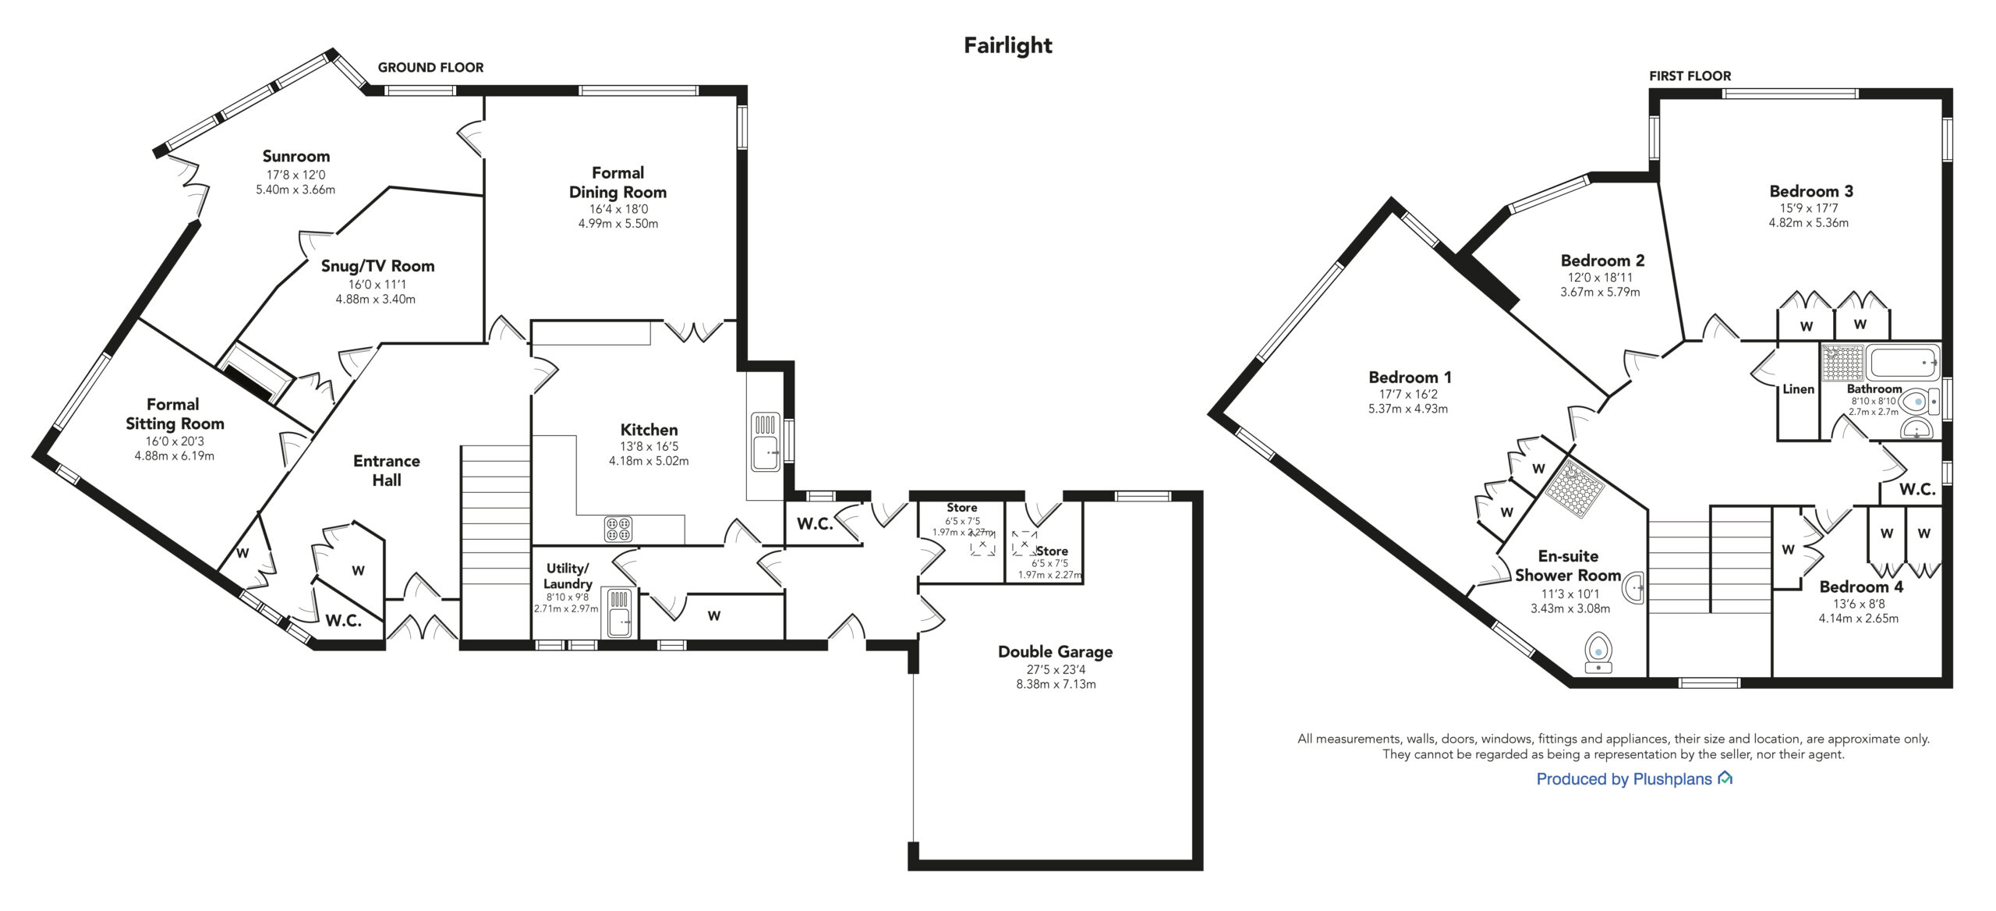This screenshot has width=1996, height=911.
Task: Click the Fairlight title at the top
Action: click(x=1007, y=45)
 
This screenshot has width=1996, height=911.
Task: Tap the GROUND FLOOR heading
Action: click(x=430, y=68)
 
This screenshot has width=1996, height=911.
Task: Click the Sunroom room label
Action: click(x=296, y=156)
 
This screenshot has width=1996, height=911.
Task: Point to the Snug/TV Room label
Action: click(x=377, y=266)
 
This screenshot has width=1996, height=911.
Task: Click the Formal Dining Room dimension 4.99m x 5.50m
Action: click(x=618, y=224)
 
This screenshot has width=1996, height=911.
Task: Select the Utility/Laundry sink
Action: click(x=621, y=613)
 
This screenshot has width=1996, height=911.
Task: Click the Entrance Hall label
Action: click(x=387, y=470)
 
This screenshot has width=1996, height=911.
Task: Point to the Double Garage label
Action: click(x=1055, y=652)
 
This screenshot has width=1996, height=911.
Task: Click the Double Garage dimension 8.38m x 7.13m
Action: click(x=1055, y=684)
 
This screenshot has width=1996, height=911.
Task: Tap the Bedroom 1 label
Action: click(x=1410, y=378)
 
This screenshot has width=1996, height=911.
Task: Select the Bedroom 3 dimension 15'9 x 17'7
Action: click(x=1808, y=208)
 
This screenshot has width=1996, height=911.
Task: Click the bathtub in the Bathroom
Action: click(x=1902, y=363)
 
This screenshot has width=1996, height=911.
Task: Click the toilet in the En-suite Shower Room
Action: click(x=1598, y=652)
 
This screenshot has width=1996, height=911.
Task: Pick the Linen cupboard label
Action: click(x=1798, y=389)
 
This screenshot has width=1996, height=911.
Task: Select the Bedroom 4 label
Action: click(x=1861, y=587)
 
